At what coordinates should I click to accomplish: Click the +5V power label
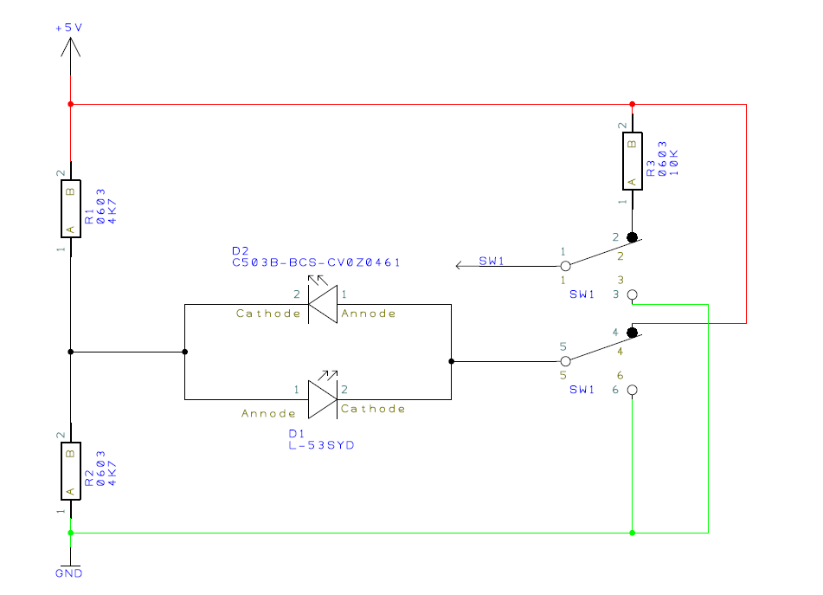(69, 28)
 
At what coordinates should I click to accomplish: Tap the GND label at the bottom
(69, 573)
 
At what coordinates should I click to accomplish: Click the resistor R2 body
(70, 471)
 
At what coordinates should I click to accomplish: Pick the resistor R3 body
(633, 162)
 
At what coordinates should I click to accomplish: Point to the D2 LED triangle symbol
(322, 304)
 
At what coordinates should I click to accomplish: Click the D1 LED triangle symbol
(322, 399)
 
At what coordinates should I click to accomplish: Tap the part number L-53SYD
(321, 445)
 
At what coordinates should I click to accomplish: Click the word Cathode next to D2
(268, 314)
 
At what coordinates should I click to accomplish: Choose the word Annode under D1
(269, 414)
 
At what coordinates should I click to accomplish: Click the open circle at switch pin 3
(632, 295)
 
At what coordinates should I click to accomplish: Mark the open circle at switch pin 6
(632, 391)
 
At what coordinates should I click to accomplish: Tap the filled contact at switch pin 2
(632, 237)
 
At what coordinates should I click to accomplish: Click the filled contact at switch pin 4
(632, 333)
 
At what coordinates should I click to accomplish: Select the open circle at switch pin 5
(565, 361)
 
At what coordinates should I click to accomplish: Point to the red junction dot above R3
(633, 105)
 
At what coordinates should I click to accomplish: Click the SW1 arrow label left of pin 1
(491, 262)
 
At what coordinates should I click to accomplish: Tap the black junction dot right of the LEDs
(451, 361)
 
